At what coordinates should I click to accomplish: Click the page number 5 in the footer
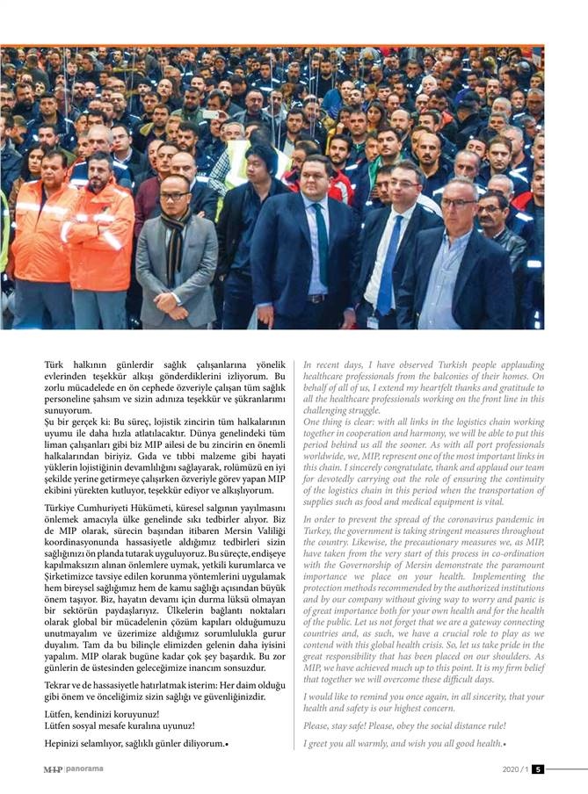tap(538, 769)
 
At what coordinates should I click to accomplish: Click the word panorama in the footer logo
tap(84, 769)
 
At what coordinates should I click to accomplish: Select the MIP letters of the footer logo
tap(54, 769)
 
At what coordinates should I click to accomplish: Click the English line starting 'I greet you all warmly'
tap(404, 744)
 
